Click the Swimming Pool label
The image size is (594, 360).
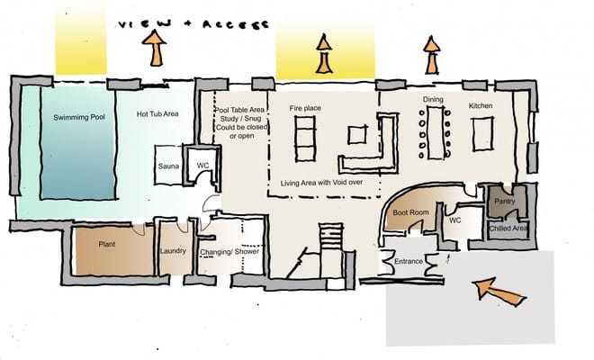79,118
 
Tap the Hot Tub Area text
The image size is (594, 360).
157,113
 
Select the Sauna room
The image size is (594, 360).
168,166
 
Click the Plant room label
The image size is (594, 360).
107,245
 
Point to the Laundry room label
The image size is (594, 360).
173,251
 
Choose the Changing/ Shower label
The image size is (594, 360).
229,252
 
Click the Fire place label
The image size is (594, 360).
305,108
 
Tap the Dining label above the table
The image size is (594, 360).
433,99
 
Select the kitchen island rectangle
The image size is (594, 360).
482,134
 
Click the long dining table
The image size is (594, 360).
435,132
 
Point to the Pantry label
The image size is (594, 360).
505,202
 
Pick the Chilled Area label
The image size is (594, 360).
508,229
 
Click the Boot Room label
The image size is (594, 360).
410,212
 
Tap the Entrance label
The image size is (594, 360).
409,262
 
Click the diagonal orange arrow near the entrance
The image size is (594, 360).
499,290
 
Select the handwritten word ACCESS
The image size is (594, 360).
236,25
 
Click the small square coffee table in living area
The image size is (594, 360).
357,134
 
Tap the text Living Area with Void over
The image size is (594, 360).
321,183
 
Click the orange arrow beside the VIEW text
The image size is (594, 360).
154,48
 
